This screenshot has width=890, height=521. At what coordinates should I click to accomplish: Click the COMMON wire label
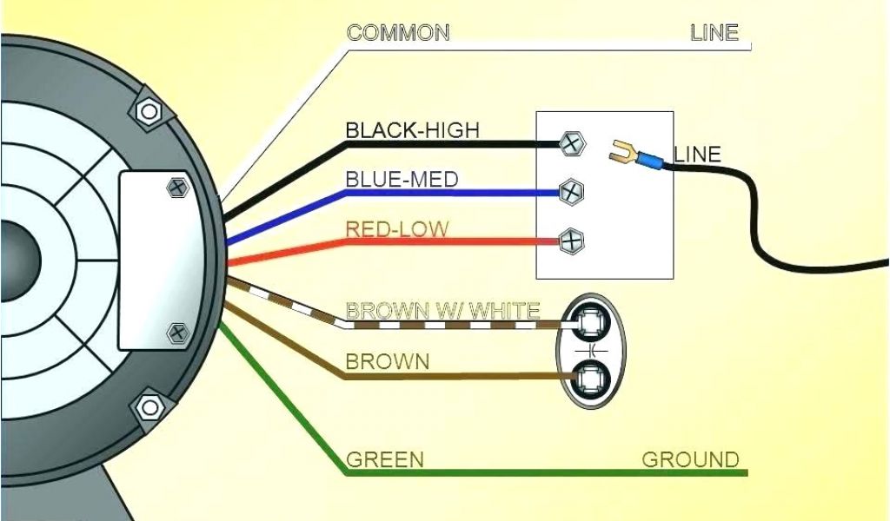pyautogui.click(x=398, y=33)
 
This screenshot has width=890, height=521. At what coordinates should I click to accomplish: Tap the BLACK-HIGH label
pyautogui.click(x=412, y=130)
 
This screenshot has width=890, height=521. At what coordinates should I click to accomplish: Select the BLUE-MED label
pyautogui.click(x=402, y=180)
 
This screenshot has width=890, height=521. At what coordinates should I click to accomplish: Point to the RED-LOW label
pyautogui.click(x=397, y=229)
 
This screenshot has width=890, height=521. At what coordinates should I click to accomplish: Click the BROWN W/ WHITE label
pyautogui.click(x=442, y=310)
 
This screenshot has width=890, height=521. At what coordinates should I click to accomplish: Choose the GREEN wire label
pyautogui.click(x=384, y=459)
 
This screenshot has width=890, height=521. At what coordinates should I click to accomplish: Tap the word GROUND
pyautogui.click(x=690, y=459)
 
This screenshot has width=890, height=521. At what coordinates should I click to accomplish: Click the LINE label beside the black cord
pyautogui.click(x=697, y=155)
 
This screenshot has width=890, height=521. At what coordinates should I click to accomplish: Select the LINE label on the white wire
pyautogui.click(x=714, y=33)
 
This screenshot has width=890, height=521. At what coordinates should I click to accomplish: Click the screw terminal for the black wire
pyautogui.click(x=571, y=144)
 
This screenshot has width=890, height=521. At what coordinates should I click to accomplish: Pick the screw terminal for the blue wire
pyautogui.click(x=571, y=191)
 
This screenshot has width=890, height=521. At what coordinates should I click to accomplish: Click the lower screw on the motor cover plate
pyautogui.click(x=177, y=331)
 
